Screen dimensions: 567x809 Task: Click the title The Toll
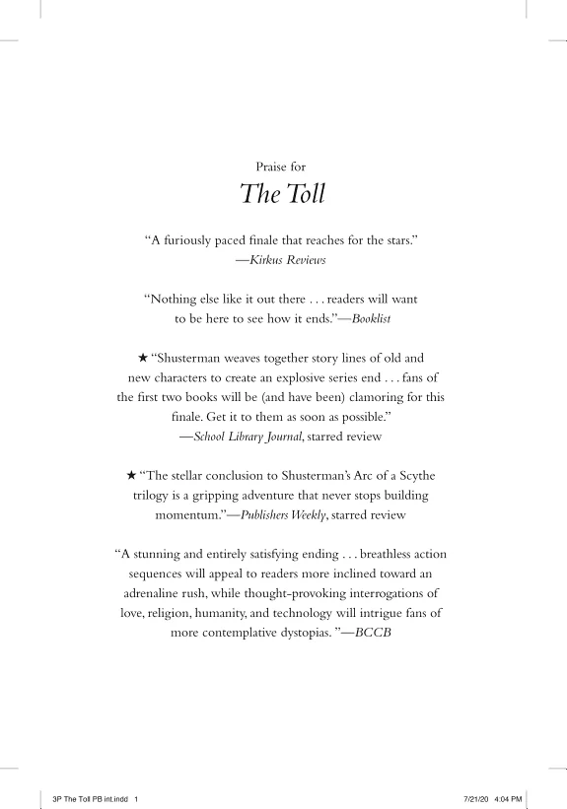283,194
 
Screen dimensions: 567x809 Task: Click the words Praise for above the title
283,167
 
